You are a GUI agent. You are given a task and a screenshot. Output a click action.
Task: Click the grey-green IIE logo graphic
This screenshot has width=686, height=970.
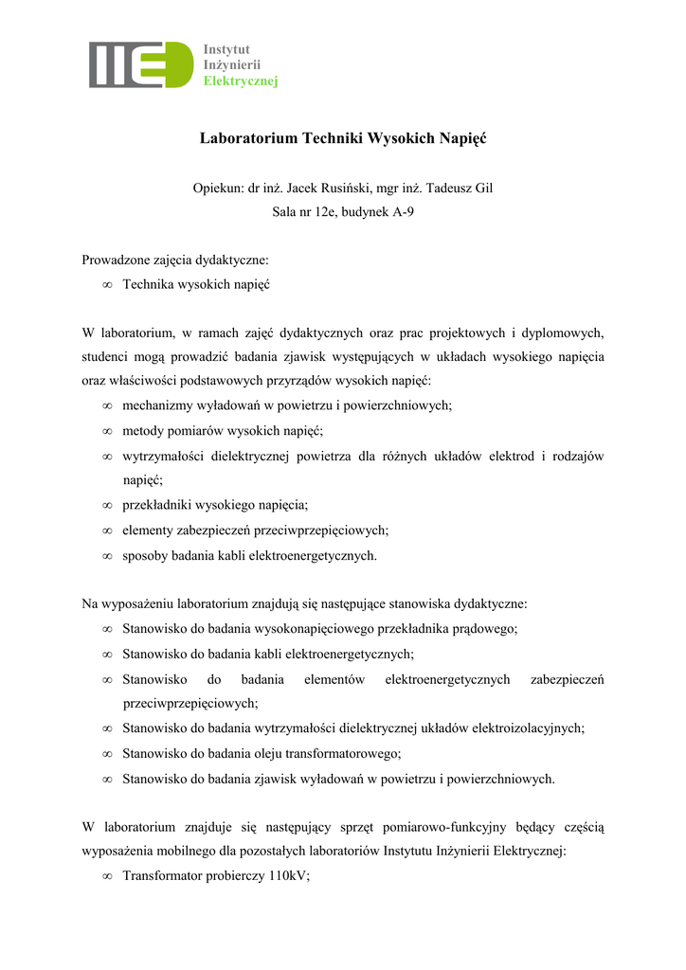141,65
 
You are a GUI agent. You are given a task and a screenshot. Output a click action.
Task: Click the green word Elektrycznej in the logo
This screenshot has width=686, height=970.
241,81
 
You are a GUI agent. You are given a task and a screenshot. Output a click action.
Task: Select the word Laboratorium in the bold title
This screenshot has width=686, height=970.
247,138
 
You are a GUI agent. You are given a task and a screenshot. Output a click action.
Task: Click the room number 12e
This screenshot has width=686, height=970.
330,212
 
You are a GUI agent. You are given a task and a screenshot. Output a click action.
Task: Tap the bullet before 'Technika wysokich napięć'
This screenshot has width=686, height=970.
107,284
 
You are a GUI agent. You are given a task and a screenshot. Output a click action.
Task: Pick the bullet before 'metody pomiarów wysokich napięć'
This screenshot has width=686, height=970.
107,431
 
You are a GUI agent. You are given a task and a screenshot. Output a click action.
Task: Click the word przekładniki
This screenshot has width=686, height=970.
156,506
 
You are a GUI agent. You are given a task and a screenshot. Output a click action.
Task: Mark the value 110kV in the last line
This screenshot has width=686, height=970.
288,876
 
